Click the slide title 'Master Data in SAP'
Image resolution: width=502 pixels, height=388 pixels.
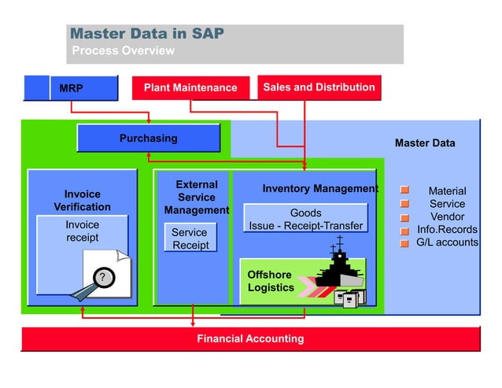coord(147,34)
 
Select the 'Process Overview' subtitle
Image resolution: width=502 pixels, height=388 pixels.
coord(123,51)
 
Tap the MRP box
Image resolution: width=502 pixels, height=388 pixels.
coord(72,88)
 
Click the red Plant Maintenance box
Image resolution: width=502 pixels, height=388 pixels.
coord(190,87)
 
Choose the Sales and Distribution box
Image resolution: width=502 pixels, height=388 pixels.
coord(319,87)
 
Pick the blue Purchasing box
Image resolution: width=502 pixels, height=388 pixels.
coord(148,139)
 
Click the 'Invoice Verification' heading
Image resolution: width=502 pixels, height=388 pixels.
coord(82,200)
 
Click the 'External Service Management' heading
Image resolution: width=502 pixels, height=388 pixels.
coord(196,198)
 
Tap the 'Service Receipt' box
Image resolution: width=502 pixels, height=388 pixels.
coord(190,238)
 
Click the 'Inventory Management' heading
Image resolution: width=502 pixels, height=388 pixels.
coord(319,189)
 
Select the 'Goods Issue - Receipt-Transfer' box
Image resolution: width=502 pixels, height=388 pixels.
coord(305,219)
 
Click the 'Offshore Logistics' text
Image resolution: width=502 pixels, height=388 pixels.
coord(271,281)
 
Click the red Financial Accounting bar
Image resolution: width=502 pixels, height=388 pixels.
coord(250,339)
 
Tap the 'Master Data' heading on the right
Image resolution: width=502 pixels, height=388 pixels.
coord(424,143)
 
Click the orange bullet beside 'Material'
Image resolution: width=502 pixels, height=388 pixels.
coord(404,190)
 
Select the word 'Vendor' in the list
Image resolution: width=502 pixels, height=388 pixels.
coord(447,216)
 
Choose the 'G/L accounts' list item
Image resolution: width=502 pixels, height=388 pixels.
coord(447,242)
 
